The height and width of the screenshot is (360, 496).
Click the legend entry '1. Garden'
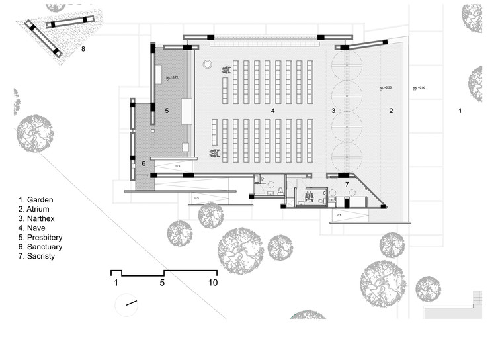(x=36, y=199)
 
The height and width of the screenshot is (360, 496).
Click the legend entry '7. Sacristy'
(x=37, y=257)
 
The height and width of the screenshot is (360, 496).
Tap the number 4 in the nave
(x=272, y=111)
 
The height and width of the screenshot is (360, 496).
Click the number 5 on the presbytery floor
(x=167, y=111)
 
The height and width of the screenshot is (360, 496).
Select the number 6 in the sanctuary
(x=144, y=163)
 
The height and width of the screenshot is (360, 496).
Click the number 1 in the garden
(x=460, y=111)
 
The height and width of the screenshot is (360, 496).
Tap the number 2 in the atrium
(x=391, y=111)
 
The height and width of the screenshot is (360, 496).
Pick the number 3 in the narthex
(x=333, y=111)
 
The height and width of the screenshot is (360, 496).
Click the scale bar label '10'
(x=213, y=283)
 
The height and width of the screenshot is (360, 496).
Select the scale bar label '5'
(x=161, y=283)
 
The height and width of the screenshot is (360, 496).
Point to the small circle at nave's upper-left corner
(x=207, y=64)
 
